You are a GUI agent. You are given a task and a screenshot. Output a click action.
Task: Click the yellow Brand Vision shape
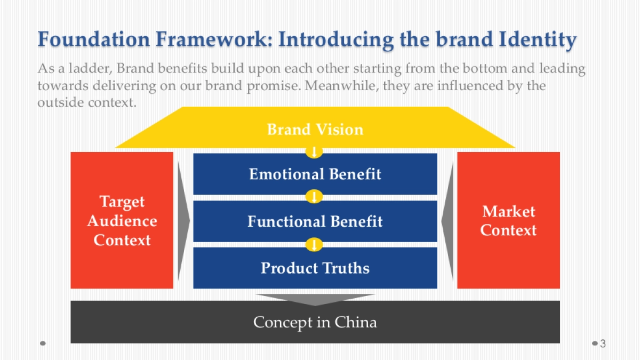(x=315, y=130)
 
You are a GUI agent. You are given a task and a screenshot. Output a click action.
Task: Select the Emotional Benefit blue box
(x=315, y=174)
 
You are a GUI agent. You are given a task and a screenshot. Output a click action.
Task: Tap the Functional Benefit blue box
(x=315, y=221)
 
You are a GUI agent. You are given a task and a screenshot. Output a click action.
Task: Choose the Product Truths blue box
(x=315, y=268)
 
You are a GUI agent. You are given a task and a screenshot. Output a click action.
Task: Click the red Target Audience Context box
(x=122, y=220)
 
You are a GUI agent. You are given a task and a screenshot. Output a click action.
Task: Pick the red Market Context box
(x=508, y=220)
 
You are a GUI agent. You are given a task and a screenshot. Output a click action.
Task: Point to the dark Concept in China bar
(x=315, y=322)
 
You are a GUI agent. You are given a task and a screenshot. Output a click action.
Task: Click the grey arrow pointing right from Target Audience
(x=183, y=220)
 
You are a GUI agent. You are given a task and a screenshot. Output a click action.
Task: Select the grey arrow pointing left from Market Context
(x=447, y=220)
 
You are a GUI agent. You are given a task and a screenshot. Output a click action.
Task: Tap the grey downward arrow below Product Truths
(x=315, y=299)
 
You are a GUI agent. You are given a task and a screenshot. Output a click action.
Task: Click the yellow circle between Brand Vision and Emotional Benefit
(x=314, y=152)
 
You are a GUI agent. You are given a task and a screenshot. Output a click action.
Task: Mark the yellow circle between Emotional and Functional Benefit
(x=314, y=197)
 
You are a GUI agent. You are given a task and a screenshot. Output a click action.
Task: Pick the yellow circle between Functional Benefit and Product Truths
(x=314, y=245)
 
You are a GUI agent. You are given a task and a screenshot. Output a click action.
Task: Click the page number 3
(x=603, y=343)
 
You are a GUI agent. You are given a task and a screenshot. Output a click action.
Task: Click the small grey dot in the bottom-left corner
(x=43, y=343)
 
